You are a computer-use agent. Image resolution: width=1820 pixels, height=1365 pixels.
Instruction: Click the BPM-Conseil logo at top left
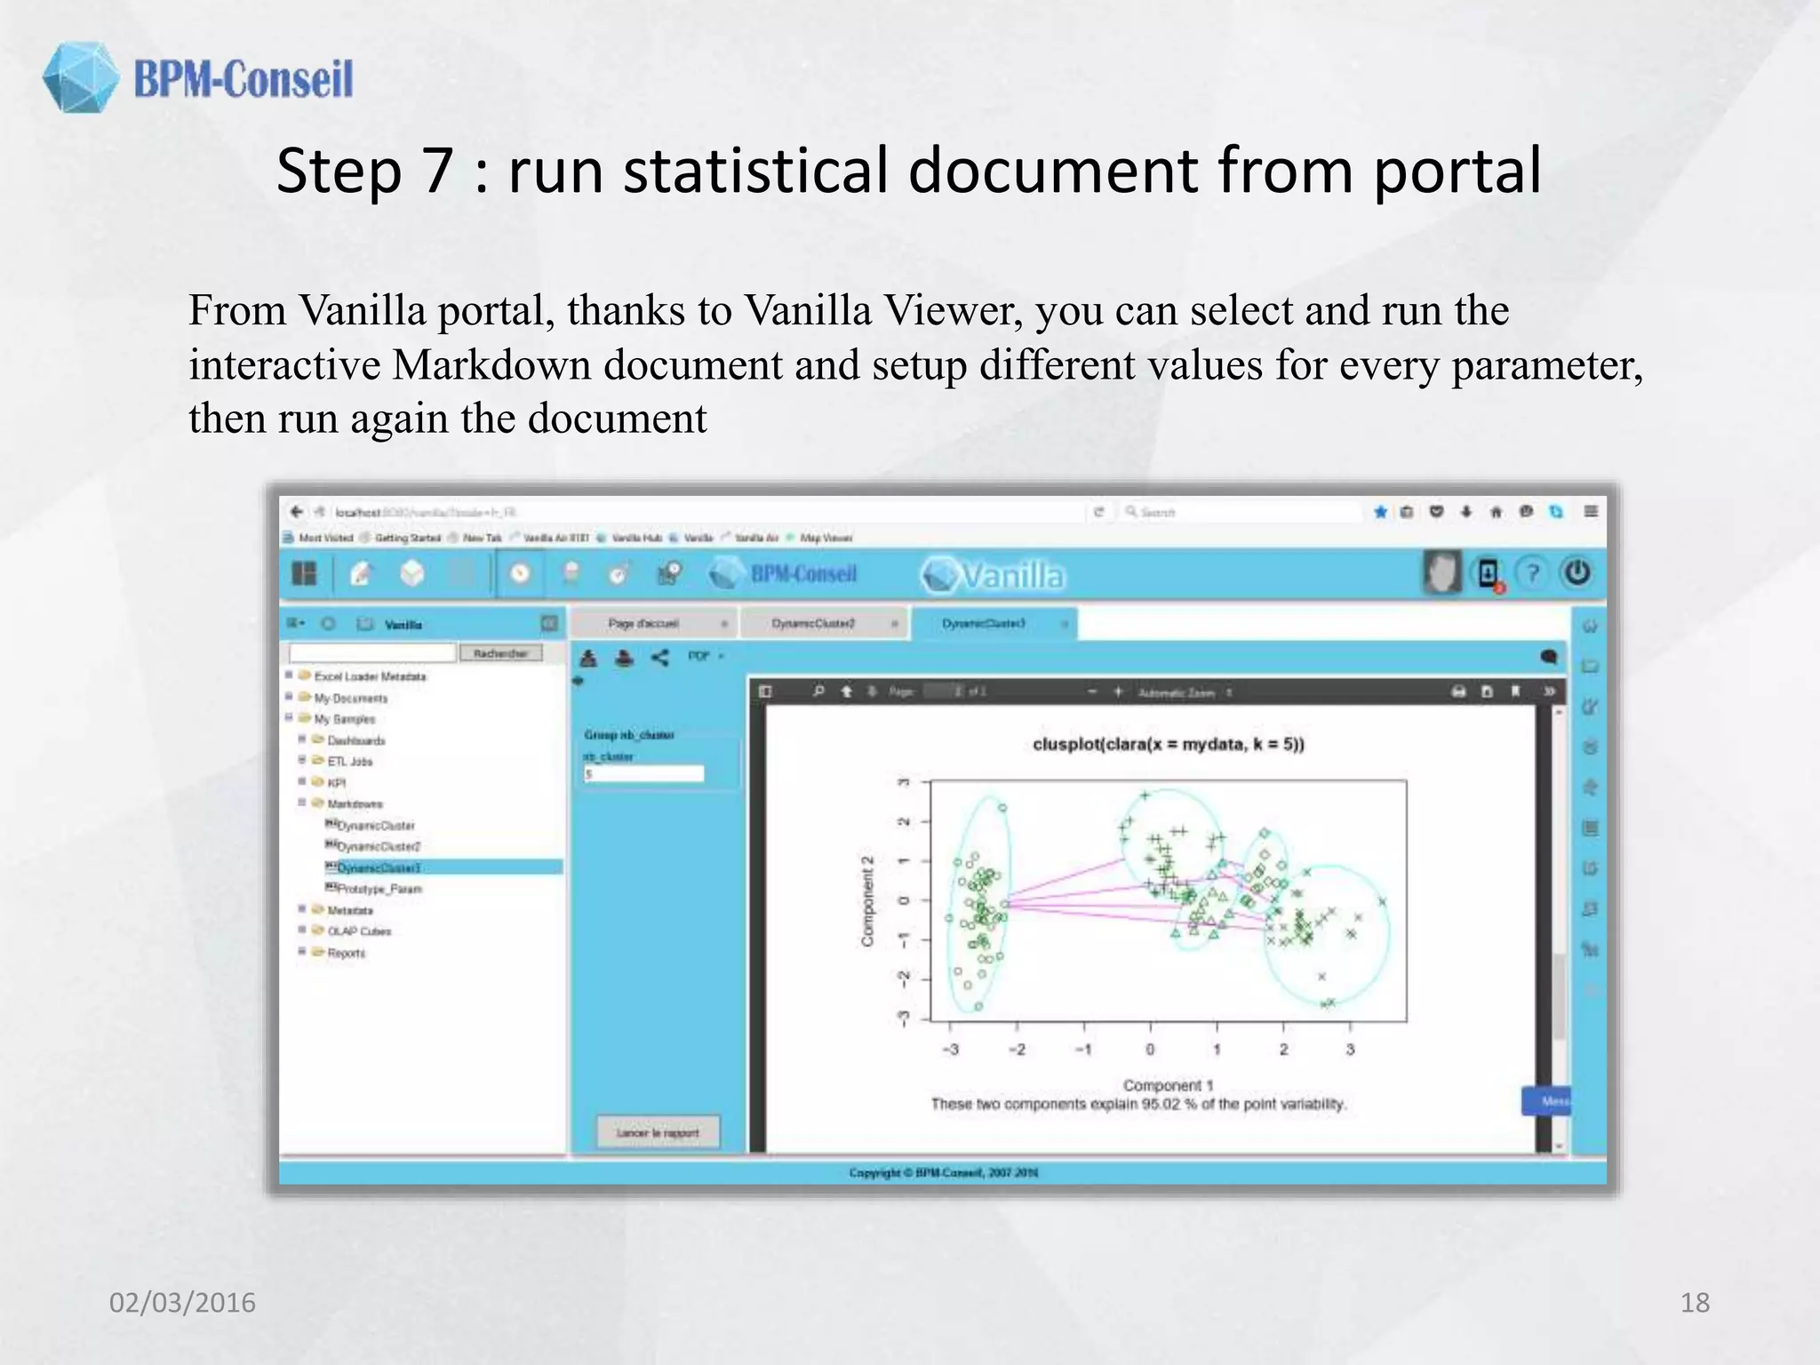(197, 78)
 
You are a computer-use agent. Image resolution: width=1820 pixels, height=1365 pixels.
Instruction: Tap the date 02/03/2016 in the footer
(182, 1303)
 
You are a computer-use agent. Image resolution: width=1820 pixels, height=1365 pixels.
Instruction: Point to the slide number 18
(1695, 1303)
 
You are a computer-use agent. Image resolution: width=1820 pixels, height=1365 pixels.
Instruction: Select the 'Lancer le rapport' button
(658, 1133)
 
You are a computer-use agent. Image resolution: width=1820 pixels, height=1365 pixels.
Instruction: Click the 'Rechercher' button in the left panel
(500, 653)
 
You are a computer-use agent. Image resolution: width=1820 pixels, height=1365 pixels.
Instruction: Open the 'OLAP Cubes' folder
(359, 931)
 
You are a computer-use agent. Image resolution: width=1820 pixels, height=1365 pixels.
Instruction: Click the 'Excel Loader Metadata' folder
(370, 676)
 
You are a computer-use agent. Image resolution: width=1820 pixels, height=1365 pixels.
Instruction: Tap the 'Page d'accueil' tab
(643, 624)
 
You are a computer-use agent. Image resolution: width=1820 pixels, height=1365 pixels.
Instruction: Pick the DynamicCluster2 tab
(813, 624)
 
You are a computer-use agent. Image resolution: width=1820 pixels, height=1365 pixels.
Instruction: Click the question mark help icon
(1532, 573)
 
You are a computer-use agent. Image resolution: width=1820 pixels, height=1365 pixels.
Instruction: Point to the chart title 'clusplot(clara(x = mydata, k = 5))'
(1168, 745)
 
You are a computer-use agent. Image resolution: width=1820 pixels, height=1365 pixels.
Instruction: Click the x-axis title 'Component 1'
(1168, 1085)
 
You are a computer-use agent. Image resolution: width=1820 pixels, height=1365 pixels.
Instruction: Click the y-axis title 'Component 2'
(868, 900)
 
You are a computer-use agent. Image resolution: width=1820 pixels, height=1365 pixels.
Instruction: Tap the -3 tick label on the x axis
(950, 1050)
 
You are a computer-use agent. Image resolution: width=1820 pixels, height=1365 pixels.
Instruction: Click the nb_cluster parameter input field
(643, 775)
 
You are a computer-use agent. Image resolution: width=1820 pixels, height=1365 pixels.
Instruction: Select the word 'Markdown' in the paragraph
(491, 365)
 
